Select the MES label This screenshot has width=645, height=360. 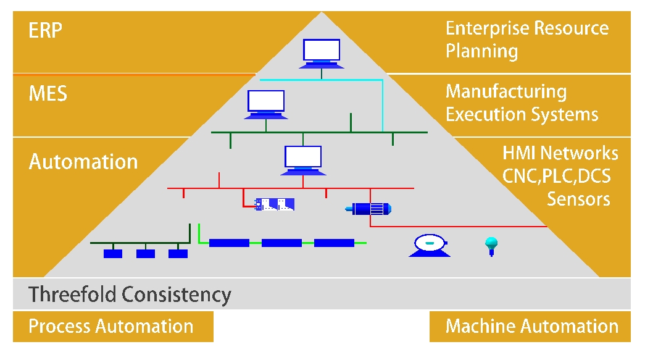click(48, 94)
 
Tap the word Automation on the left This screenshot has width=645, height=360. click(83, 162)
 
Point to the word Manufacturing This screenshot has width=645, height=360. click(506, 92)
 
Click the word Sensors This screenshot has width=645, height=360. click(578, 199)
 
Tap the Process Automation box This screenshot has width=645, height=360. click(112, 327)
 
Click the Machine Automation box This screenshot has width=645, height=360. click(530, 327)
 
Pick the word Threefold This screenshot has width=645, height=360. click(72, 295)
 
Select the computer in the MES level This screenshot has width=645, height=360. click(266, 104)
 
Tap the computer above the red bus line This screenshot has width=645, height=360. click(302, 159)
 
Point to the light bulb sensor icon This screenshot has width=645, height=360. click(491, 245)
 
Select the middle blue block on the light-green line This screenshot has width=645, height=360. click(281, 243)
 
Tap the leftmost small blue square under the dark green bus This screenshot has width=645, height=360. click(113, 253)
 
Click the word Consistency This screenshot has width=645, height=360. click(177, 295)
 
